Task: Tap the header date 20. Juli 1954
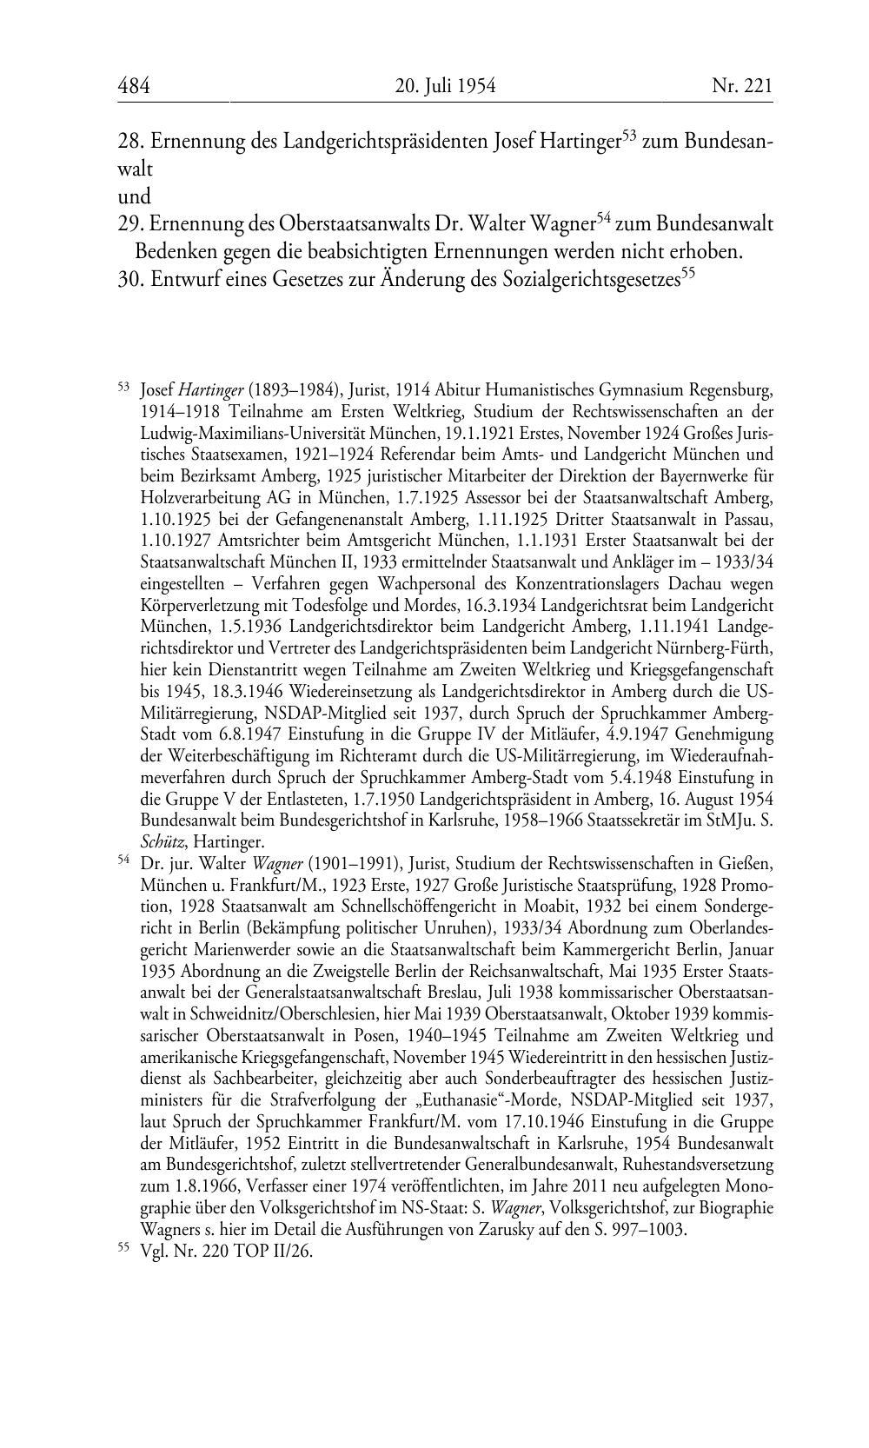tap(444, 86)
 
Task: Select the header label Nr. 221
tap(741, 86)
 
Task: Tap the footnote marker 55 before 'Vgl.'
tap(123, 1248)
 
